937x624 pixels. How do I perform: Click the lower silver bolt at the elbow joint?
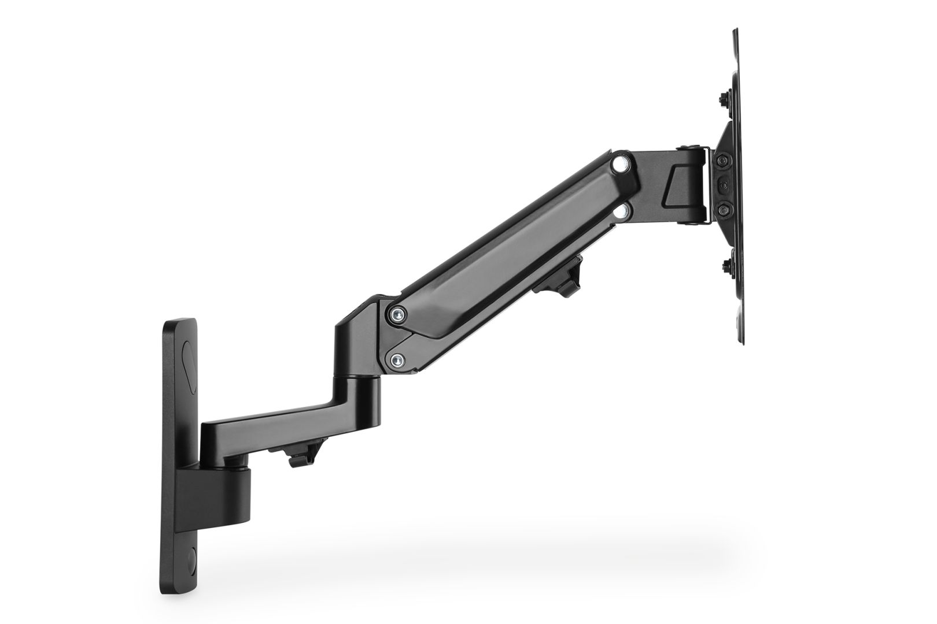pyautogui.click(x=396, y=361)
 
